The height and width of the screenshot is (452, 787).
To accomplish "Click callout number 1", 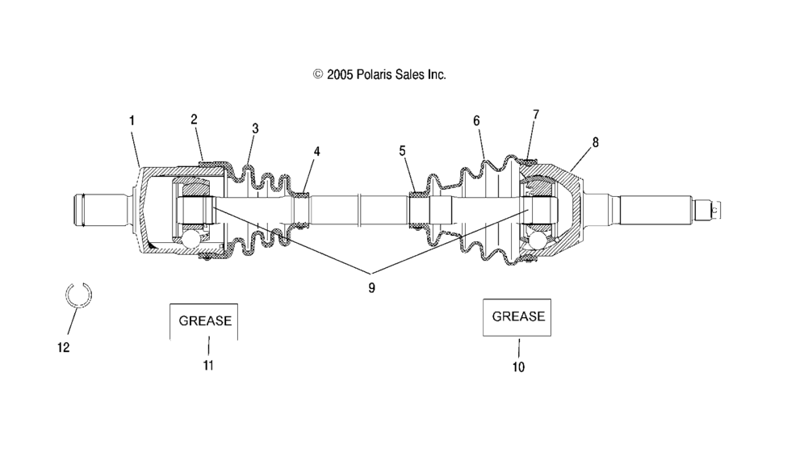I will click(x=132, y=120).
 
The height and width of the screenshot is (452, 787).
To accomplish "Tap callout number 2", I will click(x=194, y=119).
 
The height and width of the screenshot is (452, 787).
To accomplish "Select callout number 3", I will click(x=255, y=128).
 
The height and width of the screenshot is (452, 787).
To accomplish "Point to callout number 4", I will click(x=316, y=151).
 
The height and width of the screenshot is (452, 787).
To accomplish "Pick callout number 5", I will click(x=402, y=150).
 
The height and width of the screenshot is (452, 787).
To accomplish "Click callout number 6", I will click(x=476, y=120).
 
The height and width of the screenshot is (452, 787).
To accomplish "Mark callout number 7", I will click(x=535, y=115).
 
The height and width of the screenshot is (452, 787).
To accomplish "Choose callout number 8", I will click(x=595, y=142).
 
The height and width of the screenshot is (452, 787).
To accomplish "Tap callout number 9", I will click(x=371, y=287).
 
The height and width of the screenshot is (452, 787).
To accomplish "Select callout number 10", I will click(x=517, y=367).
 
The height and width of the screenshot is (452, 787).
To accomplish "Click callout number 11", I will click(x=208, y=366).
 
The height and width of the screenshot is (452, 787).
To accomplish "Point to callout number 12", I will click(x=64, y=347).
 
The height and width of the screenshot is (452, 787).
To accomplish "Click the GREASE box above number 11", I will click(x=204, y=320).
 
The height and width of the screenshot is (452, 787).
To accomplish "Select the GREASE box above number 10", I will click(x=517, y=316).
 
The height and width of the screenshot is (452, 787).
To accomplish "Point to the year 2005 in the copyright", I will click(x=340, y=74).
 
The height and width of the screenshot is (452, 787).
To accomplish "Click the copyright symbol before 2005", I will click(x=318, y=74).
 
